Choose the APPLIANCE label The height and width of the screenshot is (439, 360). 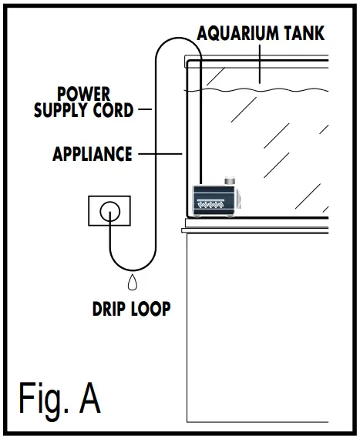pos(92,154)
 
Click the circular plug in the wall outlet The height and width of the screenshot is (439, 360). pos(109,209)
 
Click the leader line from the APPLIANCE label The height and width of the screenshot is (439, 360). pos(159,154)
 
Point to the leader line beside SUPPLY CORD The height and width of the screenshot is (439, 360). pos(145,110)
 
